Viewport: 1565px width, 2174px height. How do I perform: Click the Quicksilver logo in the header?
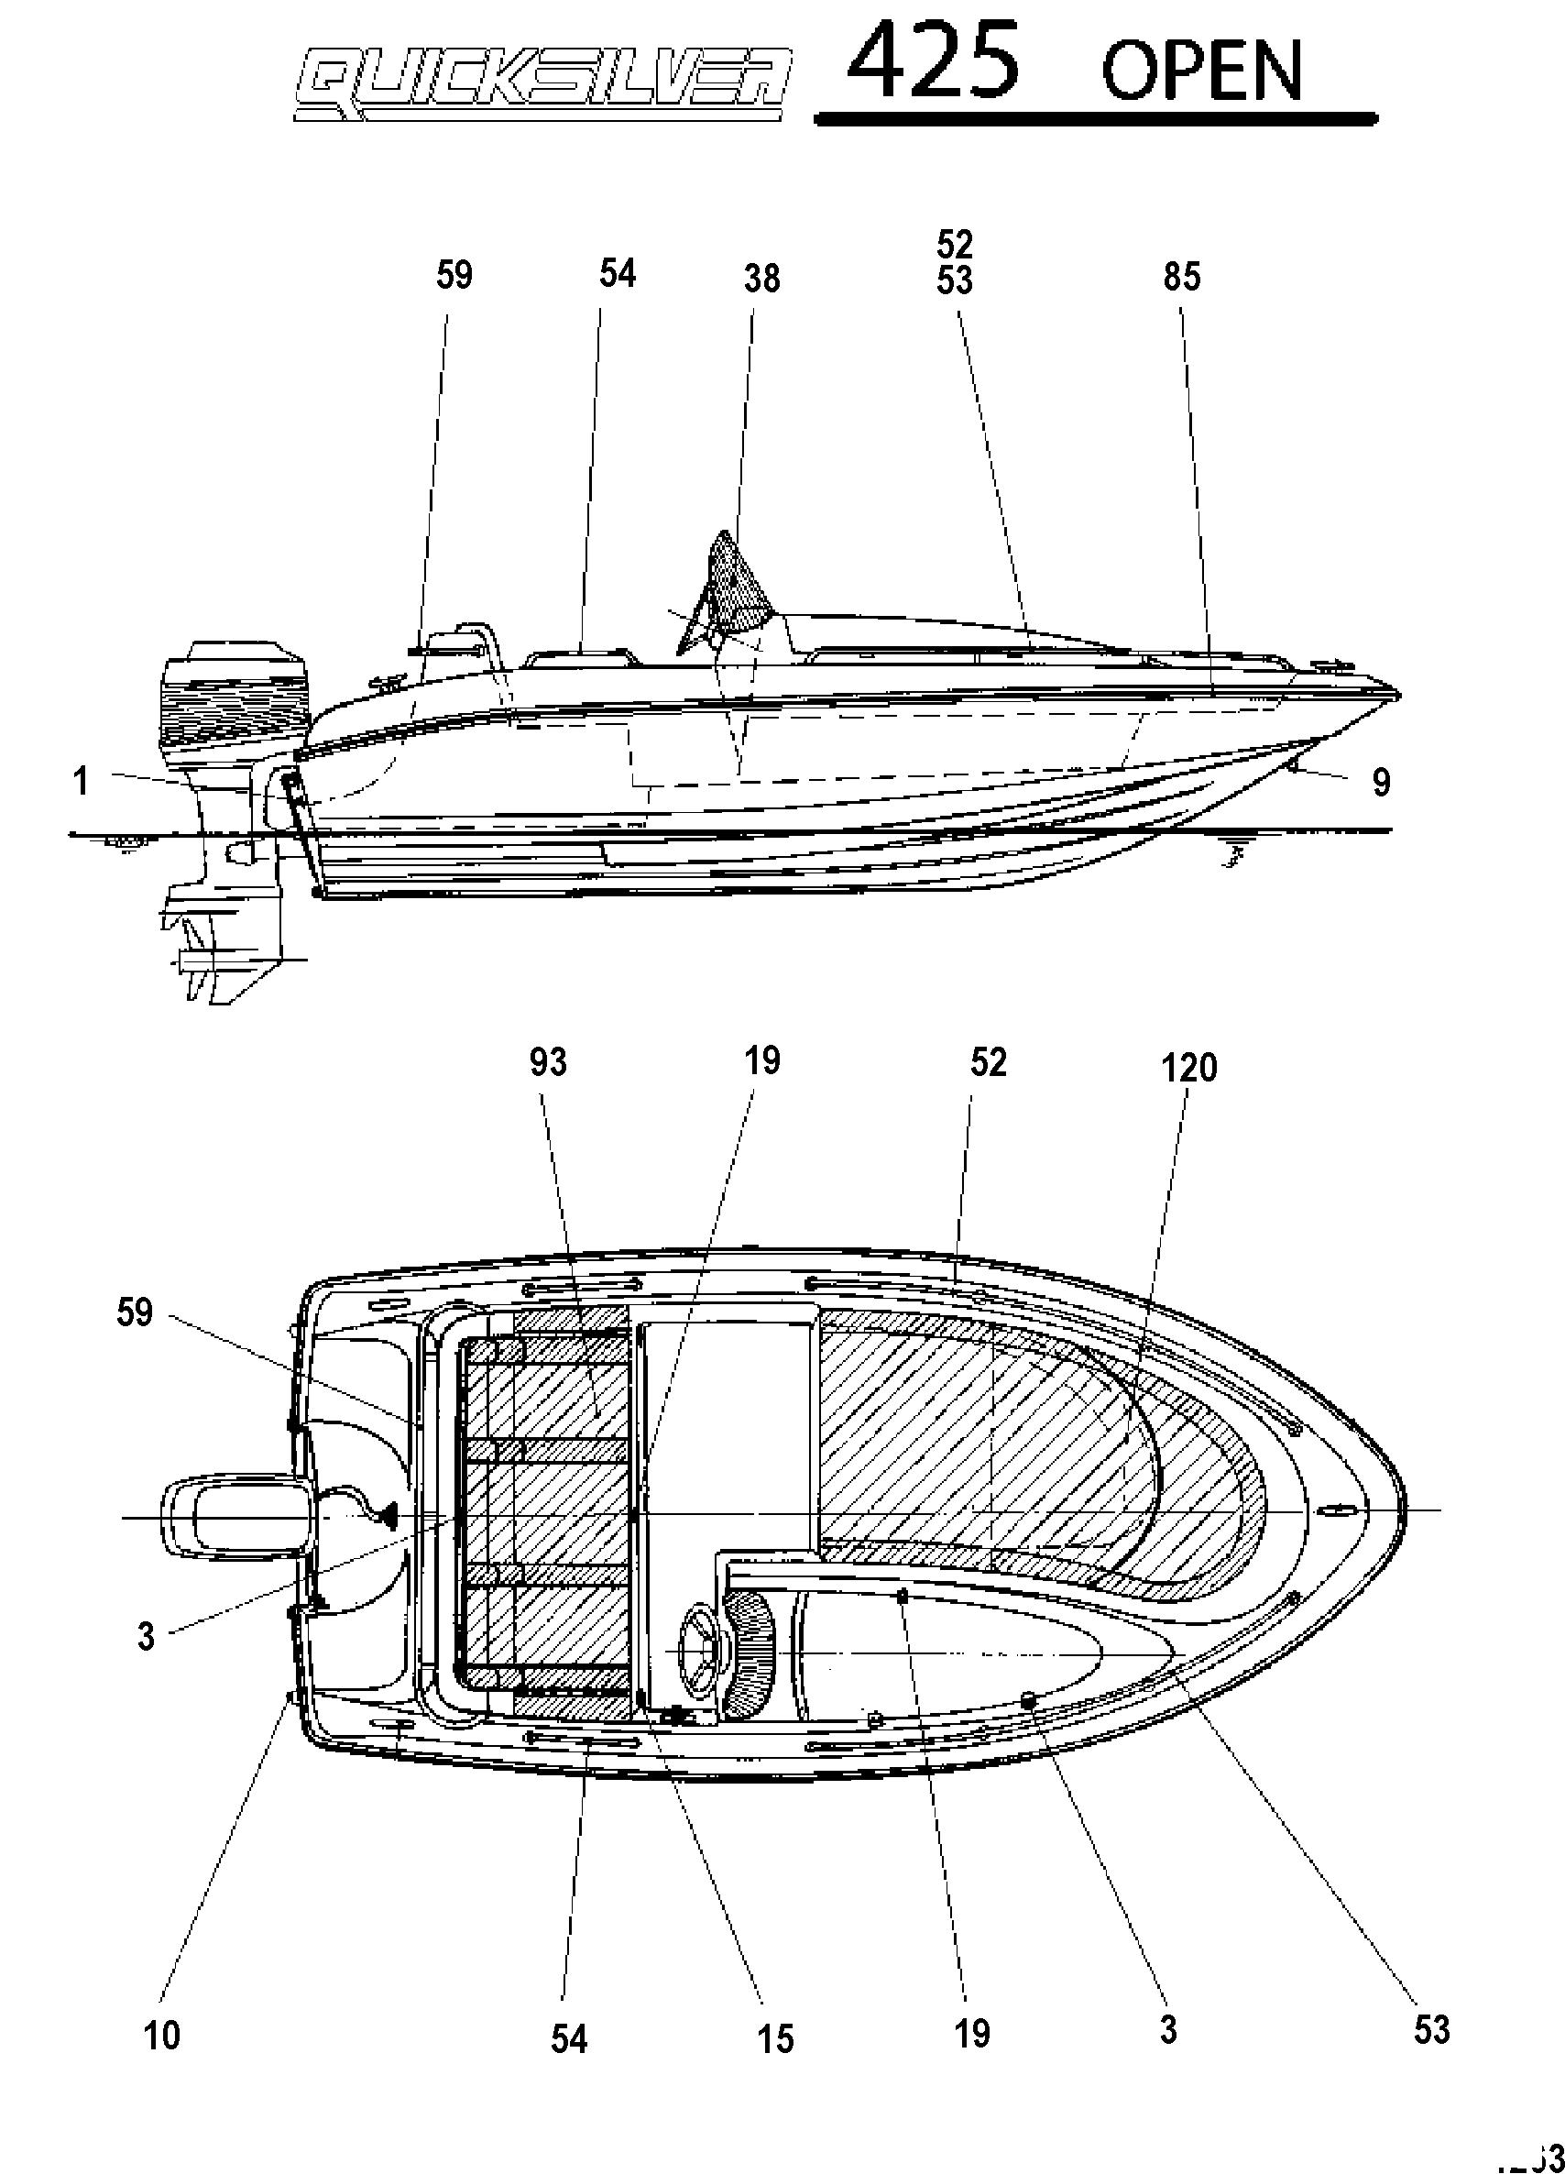coord(543,86)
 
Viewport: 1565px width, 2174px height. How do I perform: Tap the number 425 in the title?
coord(935,63)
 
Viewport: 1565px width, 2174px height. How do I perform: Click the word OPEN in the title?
coord(1202,71)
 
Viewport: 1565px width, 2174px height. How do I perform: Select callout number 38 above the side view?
coord(762,278)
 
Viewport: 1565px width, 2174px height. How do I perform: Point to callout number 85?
coord(1182,276)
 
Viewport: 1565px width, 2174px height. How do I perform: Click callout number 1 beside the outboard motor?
coord(82,781)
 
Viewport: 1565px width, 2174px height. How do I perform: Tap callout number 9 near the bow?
coord(1381,782)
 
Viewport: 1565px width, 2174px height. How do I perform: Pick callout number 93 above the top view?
coord(548,1062)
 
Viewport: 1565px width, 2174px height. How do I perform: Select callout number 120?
coord(1188,1067)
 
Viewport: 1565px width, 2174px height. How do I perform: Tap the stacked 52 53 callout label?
coord(955,263)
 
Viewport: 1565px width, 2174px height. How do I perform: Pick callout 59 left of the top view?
coord(134,1312)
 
